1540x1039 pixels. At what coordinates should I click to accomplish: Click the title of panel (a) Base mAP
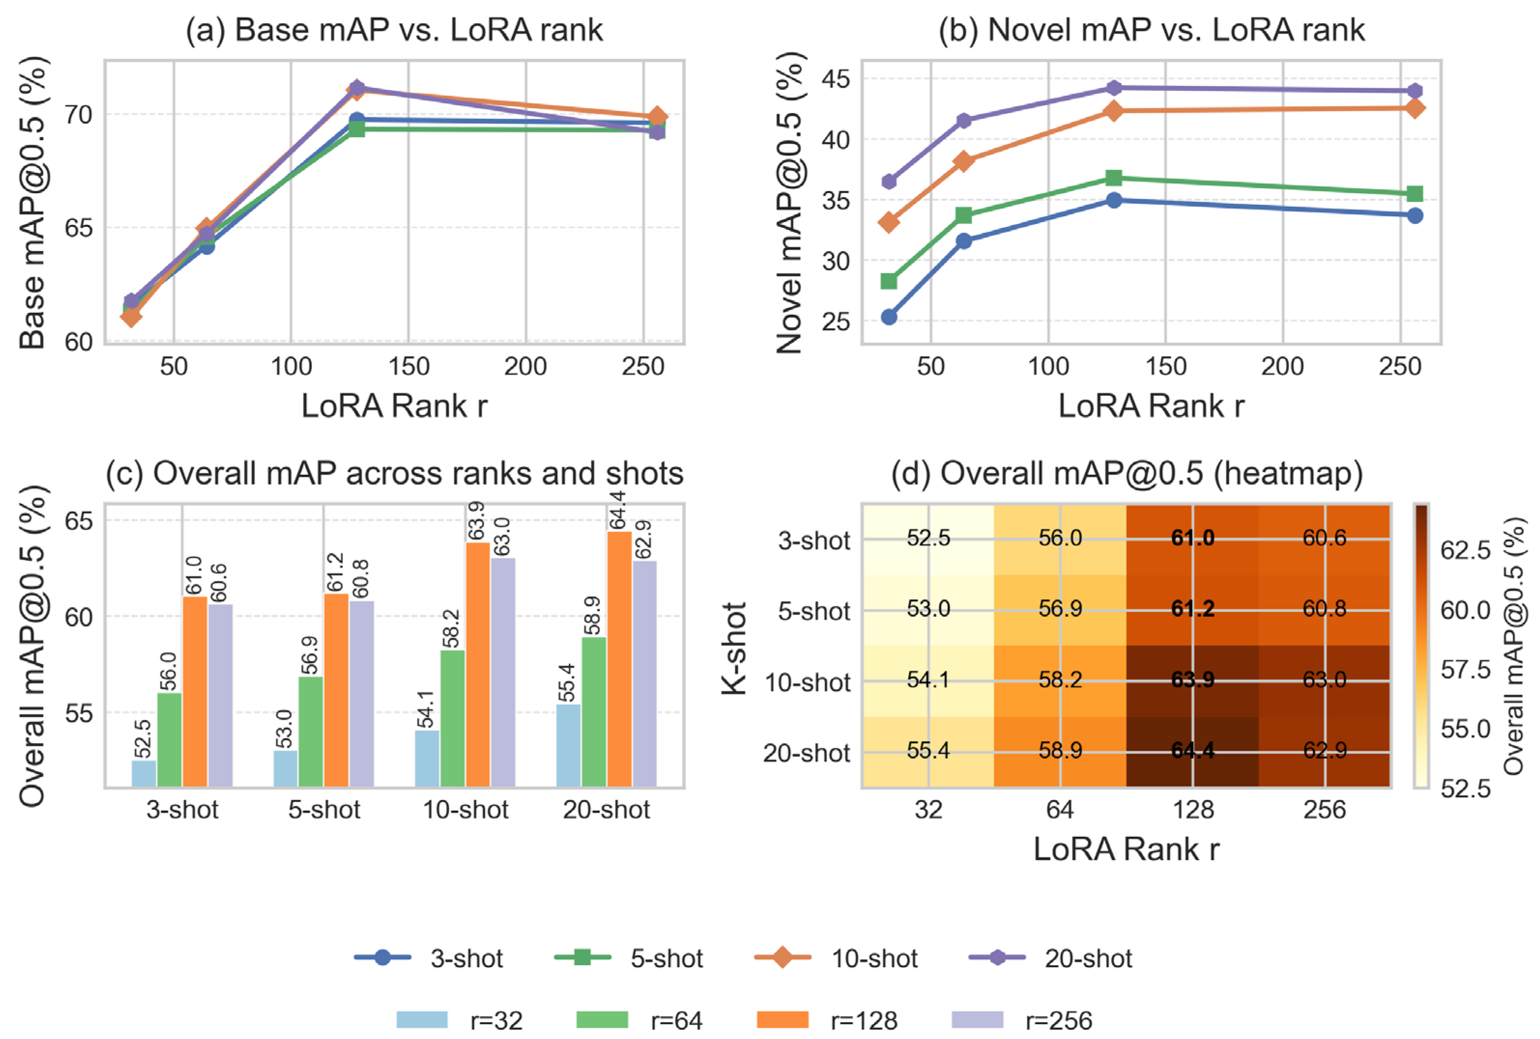tap(394, 30)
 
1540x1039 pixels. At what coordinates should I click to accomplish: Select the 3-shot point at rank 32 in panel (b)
tap(889, 317)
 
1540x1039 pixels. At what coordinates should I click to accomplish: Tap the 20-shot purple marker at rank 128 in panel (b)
tap(1114, 87)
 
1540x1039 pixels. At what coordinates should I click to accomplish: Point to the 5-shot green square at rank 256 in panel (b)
tap(1414, 193)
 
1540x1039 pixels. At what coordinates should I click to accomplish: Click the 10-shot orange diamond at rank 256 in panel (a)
tap(657, 117)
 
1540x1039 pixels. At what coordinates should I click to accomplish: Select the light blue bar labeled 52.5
tap(144, 773)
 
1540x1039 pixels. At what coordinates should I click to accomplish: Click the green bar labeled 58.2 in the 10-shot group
tap(453, 718)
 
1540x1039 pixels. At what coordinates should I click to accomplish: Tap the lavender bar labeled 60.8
tap(362, 693)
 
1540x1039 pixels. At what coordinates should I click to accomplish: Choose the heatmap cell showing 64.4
tap(1192, 750)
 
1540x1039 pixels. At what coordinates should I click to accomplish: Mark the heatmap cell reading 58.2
tap(1060, 680)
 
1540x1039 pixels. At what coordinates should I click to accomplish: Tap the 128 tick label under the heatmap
tap(1193, 809)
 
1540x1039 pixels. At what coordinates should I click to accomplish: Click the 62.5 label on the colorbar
tap(1465, 549)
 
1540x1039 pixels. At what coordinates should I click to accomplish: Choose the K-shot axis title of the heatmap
tap(734, 648)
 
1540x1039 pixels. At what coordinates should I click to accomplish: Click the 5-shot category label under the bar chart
tap(324, 809)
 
